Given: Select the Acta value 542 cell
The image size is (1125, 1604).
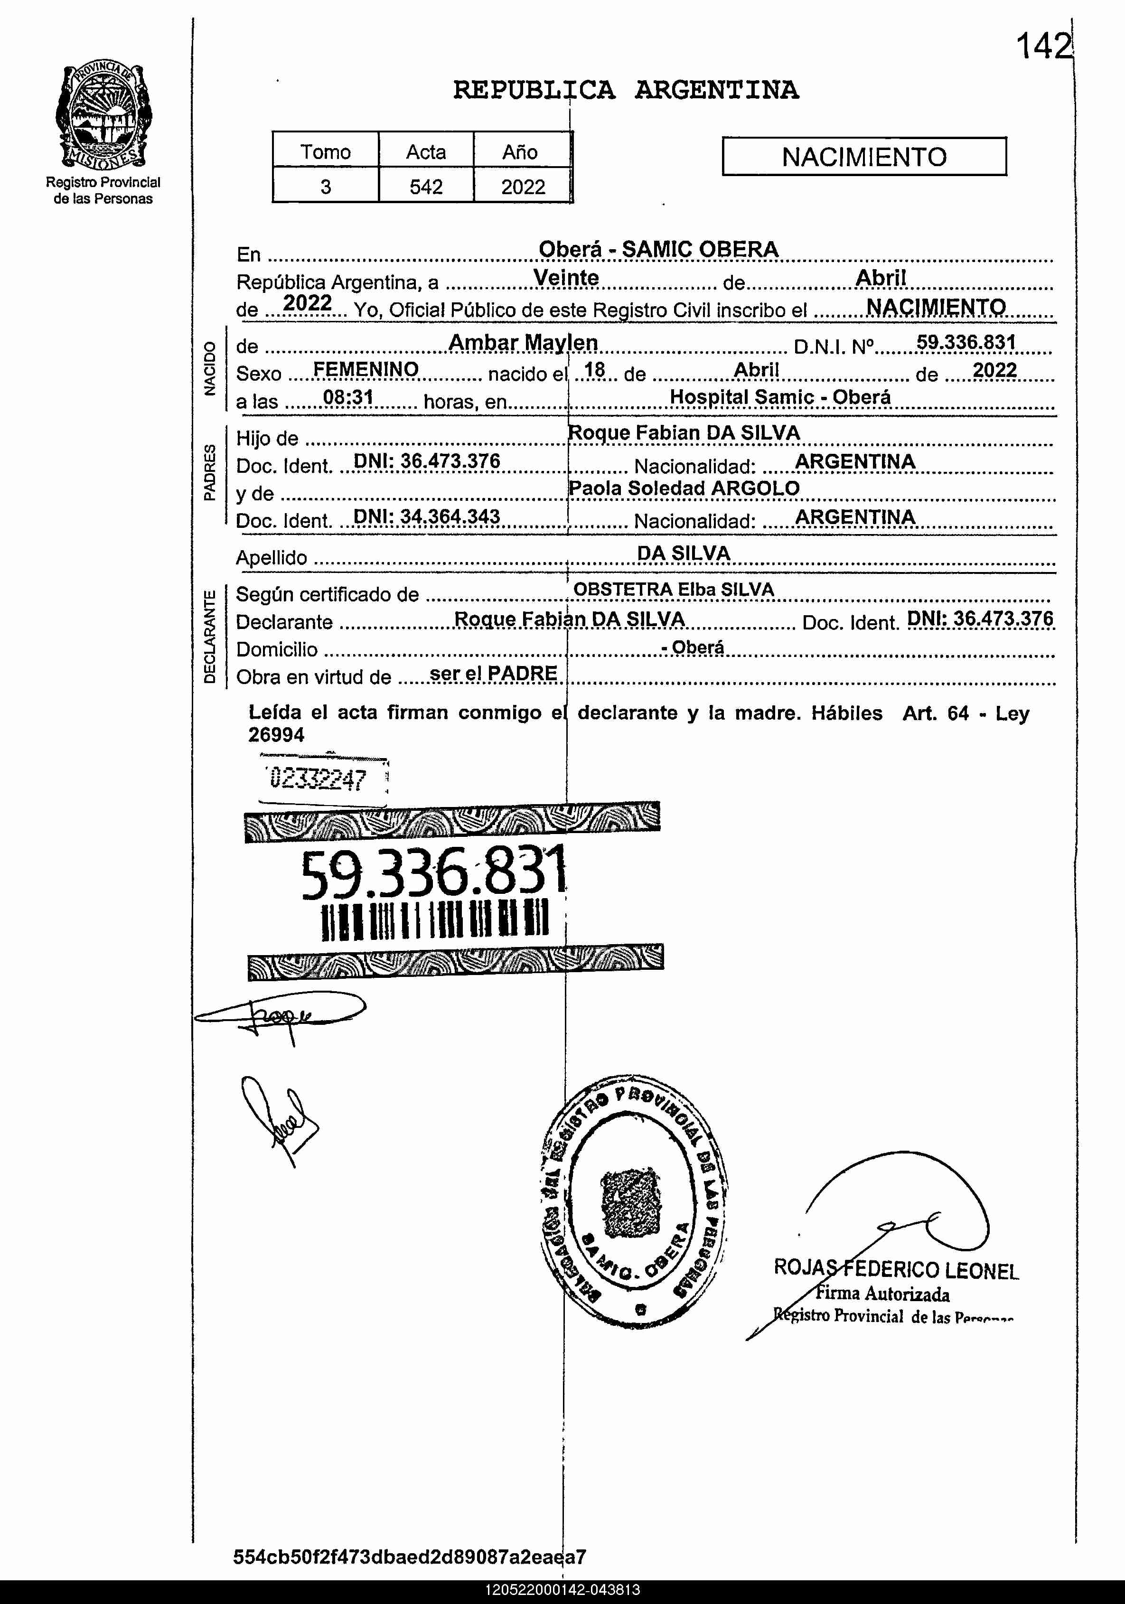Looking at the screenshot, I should pos(426,187).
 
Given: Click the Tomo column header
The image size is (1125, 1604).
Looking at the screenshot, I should pos(326,151).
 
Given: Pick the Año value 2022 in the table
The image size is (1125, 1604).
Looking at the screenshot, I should pos(523,187).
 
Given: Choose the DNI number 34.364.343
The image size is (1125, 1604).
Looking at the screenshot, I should pos(426,516).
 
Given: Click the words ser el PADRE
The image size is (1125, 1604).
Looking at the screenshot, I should pos(493,674).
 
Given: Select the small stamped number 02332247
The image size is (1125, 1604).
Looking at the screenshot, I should pos(319,778).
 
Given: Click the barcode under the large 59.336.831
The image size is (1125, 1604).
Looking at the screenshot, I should pos(435,919).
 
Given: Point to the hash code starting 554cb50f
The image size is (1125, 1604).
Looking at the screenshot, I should pos(410,1557).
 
